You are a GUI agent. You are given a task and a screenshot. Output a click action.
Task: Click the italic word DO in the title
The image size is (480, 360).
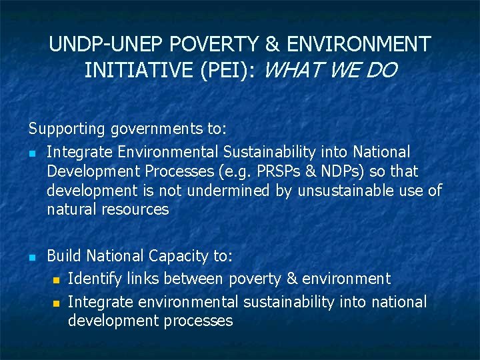[x=381, y=70]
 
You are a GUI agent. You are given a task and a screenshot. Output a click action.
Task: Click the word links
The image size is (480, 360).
[x=142, y=278]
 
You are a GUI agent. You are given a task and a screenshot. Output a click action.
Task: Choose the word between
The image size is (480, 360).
[x=197, y=278]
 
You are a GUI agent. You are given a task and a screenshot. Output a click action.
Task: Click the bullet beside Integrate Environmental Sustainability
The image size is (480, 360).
[x=31, y=153]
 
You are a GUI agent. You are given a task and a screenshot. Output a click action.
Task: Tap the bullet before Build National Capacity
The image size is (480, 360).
[x=31, y=257]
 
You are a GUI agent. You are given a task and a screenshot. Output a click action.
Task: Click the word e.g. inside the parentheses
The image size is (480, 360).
[x=238, y=172]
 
